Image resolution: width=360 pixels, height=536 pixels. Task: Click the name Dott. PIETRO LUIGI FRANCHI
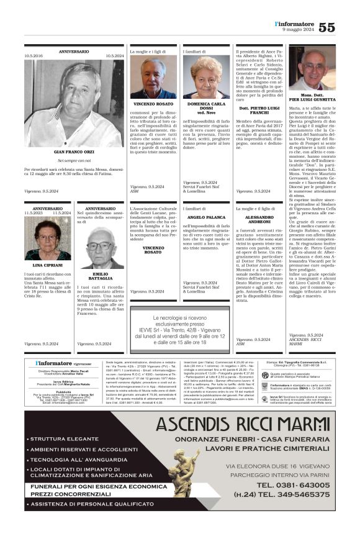259,110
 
